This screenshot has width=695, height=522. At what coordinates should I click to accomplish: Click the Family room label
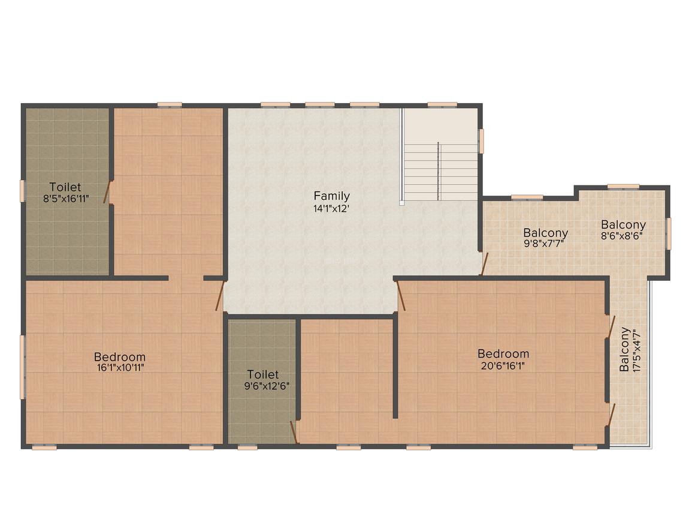pyautogui.click(x=331, y=196)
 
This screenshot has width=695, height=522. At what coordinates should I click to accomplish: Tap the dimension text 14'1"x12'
pyautogui.click(x=331, y=209)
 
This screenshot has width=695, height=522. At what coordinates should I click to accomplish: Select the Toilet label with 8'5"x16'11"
pyautogui.click(x=65, y=187)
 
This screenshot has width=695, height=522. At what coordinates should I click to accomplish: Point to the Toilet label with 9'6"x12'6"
pyautogui.click(x=263, y=374)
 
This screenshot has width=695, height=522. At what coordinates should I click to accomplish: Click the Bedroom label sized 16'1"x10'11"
pyautogui.click(x=120, y=357)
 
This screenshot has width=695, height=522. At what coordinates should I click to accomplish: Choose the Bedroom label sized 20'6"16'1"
pyautogui.click(x=503, y=354)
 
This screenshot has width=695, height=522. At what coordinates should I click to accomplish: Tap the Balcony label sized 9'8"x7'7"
pyautogui.click(x=545, y=233)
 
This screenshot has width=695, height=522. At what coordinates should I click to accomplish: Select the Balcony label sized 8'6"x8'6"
pyautogui.click(x=623, y=224)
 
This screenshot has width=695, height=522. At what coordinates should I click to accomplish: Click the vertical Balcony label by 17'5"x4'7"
pyautogui.click(x=624, y=349)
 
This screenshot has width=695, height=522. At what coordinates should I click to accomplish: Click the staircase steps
pyautogui.click(x=440, y=172)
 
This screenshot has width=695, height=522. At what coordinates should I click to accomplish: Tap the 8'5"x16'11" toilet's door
pyautogui.click(x=107, y=192)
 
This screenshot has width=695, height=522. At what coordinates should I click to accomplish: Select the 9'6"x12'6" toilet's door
pyautogui.click(x=294, y=432)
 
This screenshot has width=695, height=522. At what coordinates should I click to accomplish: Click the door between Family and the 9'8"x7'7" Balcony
pyautogui.click(x=485, y=263)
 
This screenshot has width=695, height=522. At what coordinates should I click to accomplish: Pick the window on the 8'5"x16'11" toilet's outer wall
pyautogui.click(x=22, y=191)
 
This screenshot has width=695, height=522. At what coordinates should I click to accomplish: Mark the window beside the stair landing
pyautogui.click(x=481, y=141)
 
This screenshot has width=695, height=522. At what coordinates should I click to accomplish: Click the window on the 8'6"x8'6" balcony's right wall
pyautogui.click(x=669, y=233)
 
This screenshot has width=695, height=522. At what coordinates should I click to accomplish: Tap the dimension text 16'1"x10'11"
pyautogui.click(x=120, y=368)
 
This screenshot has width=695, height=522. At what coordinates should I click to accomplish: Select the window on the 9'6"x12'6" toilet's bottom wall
pyautogui.click(x=247, y=448)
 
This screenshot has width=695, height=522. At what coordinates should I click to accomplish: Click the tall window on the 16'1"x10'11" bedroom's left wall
pyautogui.click(x=22, y=367)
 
